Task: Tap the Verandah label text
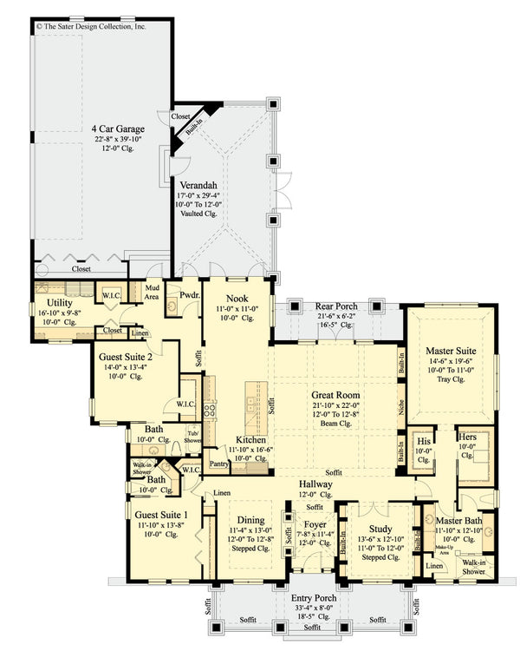pos(197,185)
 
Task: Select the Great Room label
pos(335,395)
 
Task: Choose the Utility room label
pos(54,304)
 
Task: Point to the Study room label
pos(380,529)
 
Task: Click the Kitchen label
pos(252,440)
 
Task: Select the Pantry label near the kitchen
pos(219,464)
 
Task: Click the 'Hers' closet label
pos(467,437)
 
